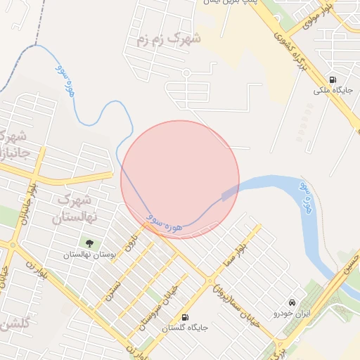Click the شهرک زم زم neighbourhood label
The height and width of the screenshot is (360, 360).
coord(162,39)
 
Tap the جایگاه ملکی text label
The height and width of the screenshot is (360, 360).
coord(332,91)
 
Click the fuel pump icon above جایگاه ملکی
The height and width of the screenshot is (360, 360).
coord(332,79)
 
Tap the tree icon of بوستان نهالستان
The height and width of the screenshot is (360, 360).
coord(89,243)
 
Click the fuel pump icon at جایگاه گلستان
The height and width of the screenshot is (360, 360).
coord(185,317)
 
